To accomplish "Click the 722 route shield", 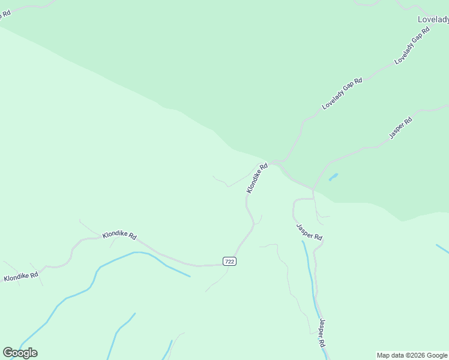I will click(229, 261).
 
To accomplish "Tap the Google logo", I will click(20, 353).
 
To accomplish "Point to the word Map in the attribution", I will click(384, 355).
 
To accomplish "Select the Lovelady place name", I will click(433, 19).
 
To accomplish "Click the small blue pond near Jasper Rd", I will click(333, 177).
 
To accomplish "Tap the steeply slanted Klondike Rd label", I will click(257, 178).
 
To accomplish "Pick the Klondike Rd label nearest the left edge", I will click(21, 277).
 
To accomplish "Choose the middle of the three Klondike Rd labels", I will click(119, 235).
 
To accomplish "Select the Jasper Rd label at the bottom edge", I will click(322, 334).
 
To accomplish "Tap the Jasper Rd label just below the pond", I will click(309, 232).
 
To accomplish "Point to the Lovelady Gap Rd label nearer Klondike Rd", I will click(342, 94).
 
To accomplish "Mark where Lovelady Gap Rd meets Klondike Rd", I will click(274, 162).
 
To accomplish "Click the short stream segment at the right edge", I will click(442, 248).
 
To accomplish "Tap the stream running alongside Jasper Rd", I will click(310, 276).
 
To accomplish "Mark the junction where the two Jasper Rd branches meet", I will click(313, 191).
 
